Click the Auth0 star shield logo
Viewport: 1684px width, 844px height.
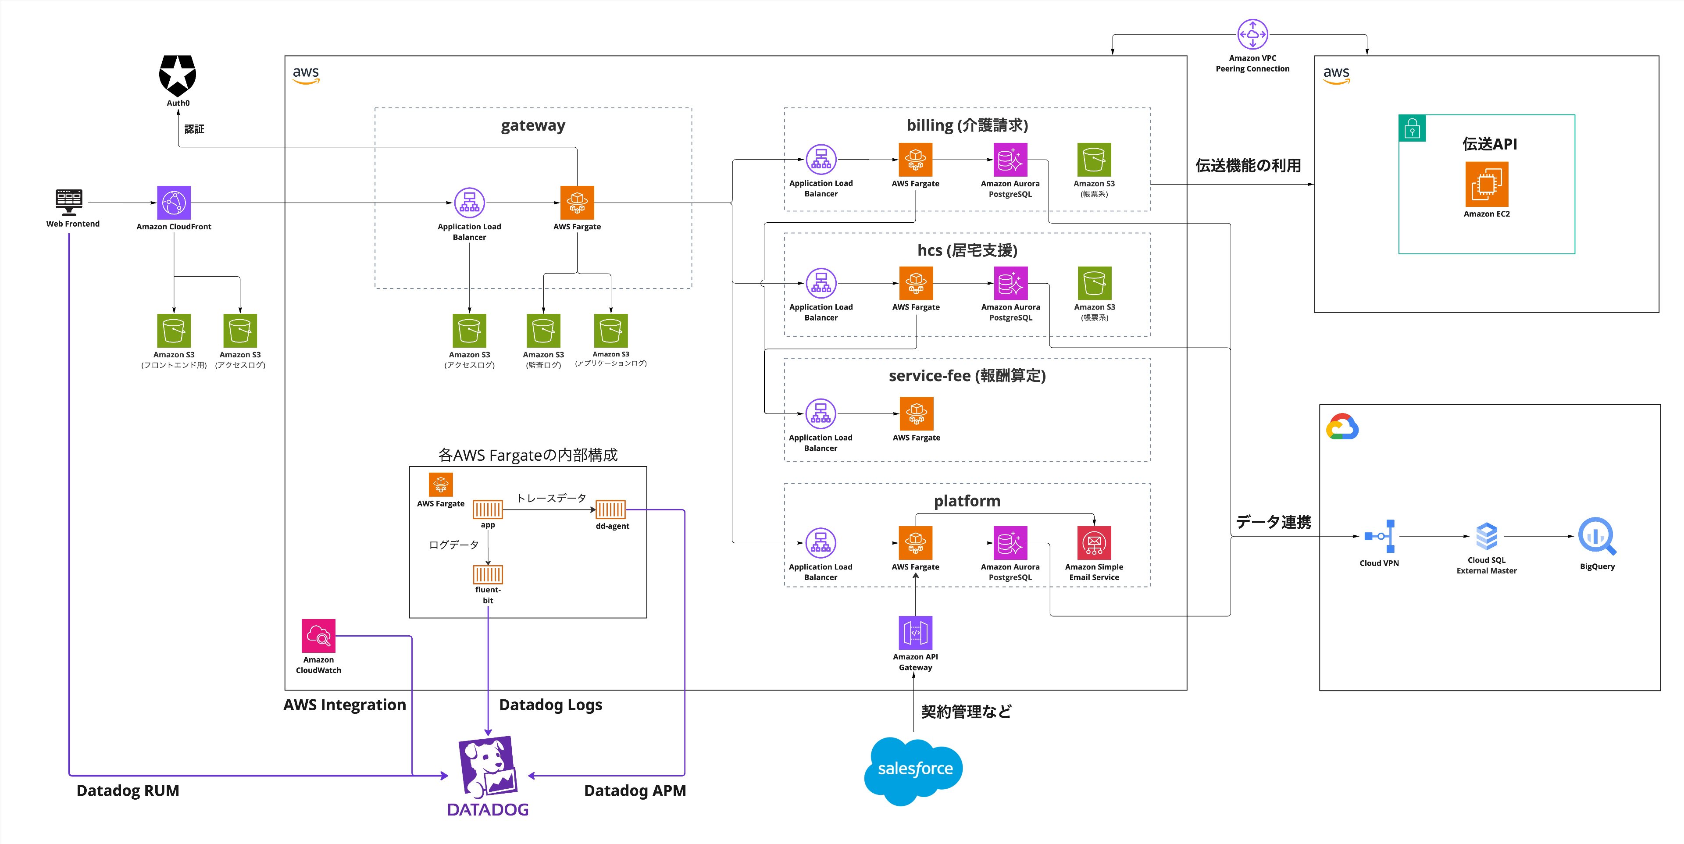point(177,75)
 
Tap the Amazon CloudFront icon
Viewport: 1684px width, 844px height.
point(174,203)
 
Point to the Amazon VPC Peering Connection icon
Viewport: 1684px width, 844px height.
point(1252,34)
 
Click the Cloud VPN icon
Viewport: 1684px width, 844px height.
point(1379,536)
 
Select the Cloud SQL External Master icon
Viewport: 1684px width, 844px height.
point(1487,536)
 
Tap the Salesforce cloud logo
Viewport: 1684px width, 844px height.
point(914,770)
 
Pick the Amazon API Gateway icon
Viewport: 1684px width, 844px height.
point(915,633)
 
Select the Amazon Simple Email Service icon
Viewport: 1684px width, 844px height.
point(1094,543)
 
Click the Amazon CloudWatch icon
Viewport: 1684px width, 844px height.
point(318,635)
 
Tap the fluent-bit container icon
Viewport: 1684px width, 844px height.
point(488,575)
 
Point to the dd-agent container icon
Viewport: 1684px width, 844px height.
point(610,509)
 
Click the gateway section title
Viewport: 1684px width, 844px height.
point(533,125)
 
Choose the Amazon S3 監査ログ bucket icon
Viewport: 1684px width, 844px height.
point(543,330)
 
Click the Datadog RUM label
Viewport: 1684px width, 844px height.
point(128,791)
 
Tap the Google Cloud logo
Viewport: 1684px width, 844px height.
point(1342,427)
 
